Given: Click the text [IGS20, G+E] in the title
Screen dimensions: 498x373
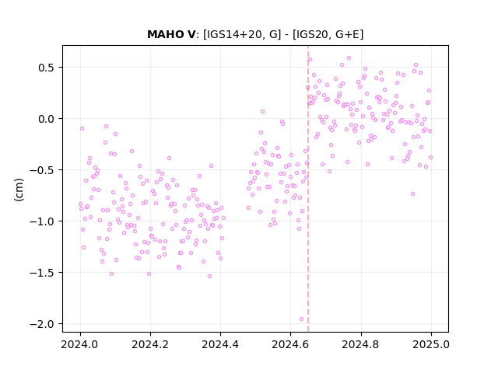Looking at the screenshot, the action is coord(328,34).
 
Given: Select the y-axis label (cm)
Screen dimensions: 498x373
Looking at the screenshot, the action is coord(19,190).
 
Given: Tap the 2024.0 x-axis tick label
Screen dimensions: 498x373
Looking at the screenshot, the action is coord(80,344).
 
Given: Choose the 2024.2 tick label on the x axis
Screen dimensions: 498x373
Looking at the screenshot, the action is coord(150,344).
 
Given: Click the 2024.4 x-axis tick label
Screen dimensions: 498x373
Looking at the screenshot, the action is coord(220,344).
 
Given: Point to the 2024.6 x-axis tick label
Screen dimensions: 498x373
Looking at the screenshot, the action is coord(290,344).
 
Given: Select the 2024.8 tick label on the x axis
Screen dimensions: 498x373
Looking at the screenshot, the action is coord(361,344).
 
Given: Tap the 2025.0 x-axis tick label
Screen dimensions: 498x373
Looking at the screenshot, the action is coord(431,344).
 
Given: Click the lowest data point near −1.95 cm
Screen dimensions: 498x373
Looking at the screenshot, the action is coord(301,319).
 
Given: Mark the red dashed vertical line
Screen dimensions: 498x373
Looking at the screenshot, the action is coord(308,189).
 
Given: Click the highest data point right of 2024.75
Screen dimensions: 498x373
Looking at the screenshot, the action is coord(349,58).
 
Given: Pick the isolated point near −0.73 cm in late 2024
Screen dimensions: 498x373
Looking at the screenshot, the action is coord(413,193).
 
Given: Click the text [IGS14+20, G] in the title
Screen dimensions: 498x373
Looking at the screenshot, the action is coord(242,34).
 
